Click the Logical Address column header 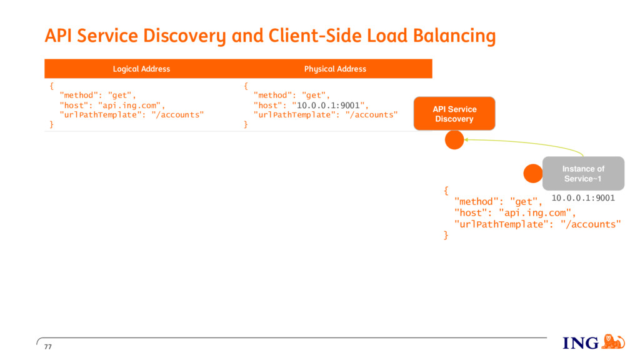[141, 69]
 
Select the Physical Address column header [335, 69]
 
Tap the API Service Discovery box [454, 114]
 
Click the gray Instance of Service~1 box [583, 174]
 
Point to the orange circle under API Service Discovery [454, 140]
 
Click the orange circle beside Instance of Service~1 [533, 174]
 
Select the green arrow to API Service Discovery [526, 143]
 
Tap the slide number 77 [48, 347]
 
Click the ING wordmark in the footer [581, 343]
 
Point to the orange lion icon [613, 342]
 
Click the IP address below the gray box [583, 198]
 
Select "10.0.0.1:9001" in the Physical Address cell [328, 105]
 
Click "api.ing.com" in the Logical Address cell [129, 105]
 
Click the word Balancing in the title [454, 36]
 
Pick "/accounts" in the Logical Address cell [177, 115]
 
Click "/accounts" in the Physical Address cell [371, 115]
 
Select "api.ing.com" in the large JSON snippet [535, 213]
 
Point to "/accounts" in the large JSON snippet [591, 224]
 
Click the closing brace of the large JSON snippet [446, 236]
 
